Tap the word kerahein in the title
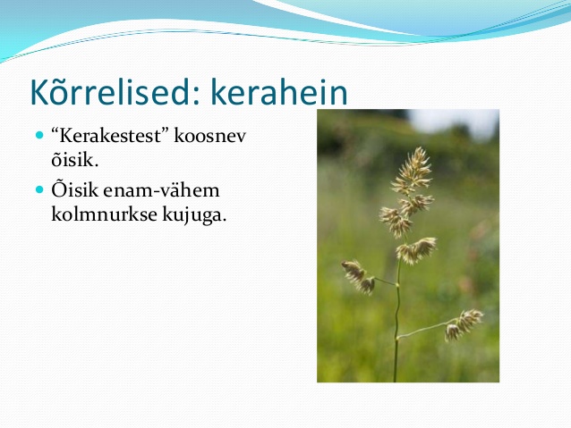279,92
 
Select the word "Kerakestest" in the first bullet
111,136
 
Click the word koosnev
210,136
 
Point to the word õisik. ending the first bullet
75,159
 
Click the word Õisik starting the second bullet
75,189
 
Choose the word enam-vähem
161,190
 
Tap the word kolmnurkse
104,214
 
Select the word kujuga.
194,215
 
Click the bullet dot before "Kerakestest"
39,136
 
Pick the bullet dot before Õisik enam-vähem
39,189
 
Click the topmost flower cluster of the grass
413,169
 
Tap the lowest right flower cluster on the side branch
464,324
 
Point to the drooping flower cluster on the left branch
359,276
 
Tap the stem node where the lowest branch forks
397,338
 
